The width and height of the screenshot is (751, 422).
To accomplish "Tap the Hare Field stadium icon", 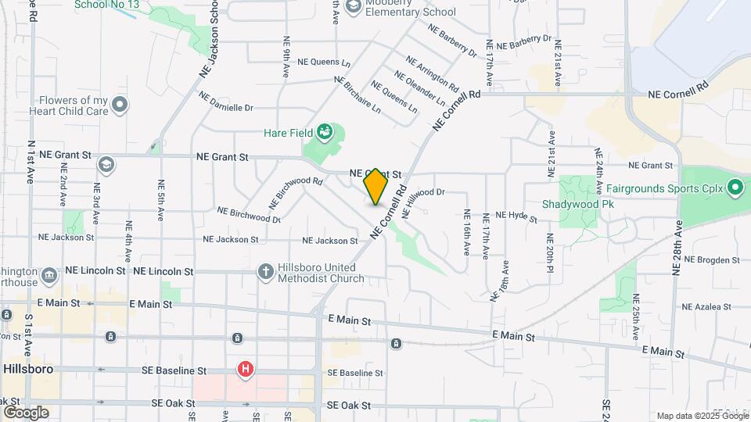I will click(x=325, y=133).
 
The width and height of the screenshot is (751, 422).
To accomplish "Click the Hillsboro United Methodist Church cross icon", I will click(x=266, y=271).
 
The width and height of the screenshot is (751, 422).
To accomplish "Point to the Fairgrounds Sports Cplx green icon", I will click(x=735, y=188).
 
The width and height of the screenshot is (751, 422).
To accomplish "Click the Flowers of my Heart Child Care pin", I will click(x=120, y=104).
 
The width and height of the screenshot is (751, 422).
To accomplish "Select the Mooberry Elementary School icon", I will click(x=353, y=6).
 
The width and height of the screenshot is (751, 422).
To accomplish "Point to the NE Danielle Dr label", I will click(x=226, y=102).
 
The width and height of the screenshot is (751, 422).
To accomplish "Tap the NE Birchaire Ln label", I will click(x=358, y=95).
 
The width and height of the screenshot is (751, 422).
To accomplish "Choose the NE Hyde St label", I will click(x=512, y=216).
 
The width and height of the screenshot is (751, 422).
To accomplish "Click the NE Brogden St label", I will click(x=713, y=259).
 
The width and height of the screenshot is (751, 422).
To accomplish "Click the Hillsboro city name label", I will click(x=27, y=368).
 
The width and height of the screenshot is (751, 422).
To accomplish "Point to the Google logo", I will click(x=26, y=412).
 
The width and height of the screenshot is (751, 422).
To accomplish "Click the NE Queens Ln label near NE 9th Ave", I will click(x=325, y=62).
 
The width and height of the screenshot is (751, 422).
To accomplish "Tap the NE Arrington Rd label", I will click(x=432, y=71).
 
